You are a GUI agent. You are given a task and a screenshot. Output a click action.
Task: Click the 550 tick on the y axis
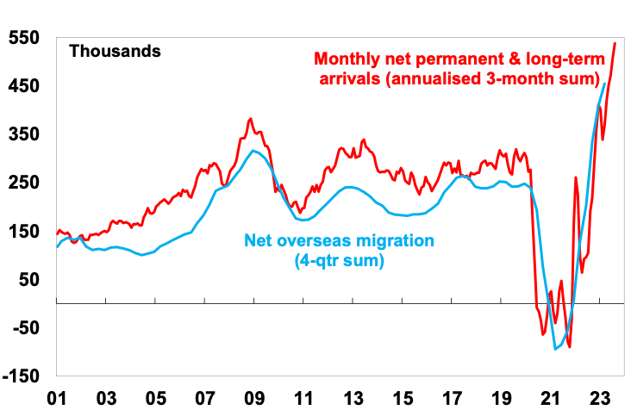click(x=25, y=39)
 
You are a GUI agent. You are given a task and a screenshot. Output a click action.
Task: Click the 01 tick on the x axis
click(x=57, y=398)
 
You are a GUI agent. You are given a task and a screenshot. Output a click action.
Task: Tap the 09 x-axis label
click(x=253, y=398)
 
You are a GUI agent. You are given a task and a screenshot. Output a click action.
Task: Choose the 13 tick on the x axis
click(x=353, y=398)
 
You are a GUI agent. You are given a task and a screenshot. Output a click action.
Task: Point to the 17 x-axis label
click(x=452, y=398)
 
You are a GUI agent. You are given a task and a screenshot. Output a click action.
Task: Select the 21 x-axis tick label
click(x=549, y=398)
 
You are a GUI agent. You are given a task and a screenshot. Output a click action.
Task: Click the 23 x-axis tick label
click(x=598, y=398)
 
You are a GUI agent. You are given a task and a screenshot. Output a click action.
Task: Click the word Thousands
click(x=115, y=51)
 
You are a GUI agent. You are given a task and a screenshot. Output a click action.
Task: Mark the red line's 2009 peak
click(x=250, y=119)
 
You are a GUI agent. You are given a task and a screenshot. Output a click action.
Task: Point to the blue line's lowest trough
click(x=556, y=348)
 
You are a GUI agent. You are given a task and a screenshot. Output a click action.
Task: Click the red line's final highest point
click(x=615, y=43)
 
